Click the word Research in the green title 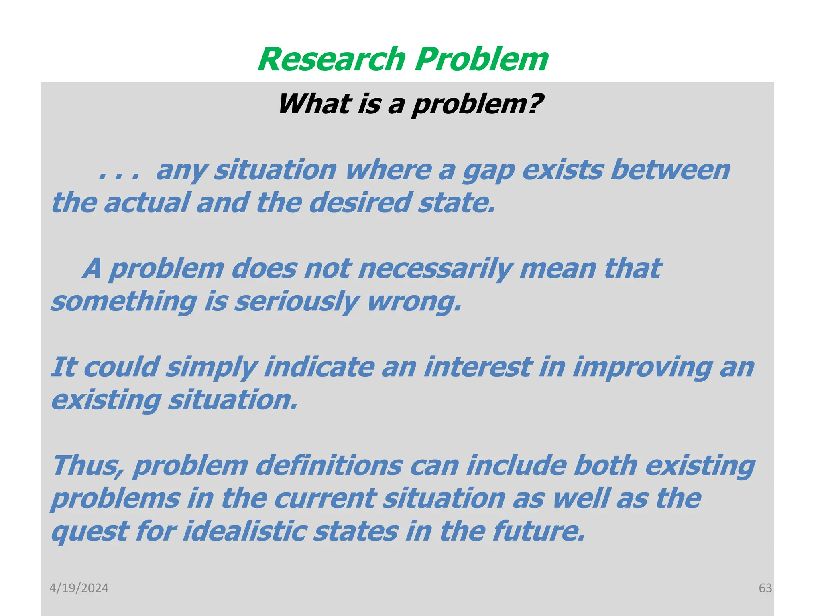point(332,59)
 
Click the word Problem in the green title point(481,59)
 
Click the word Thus point(88,466)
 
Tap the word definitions point(329,466)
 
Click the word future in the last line point(538,532)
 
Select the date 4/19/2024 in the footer point(79,588)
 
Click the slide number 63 point(765,588)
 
